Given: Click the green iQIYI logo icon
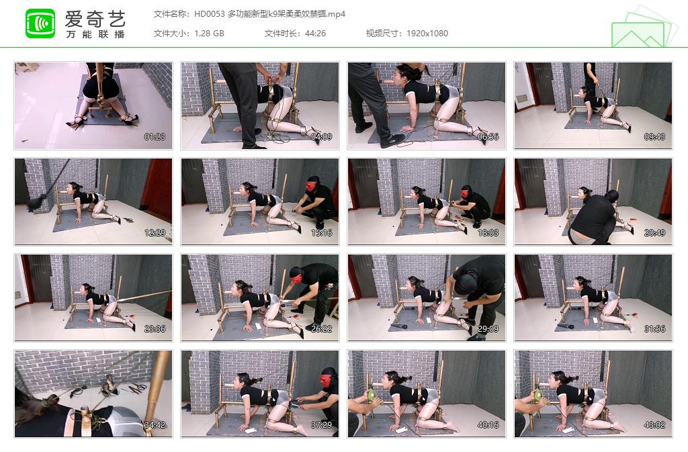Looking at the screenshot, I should [x=40, y=24].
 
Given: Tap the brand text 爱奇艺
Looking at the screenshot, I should [x=95, y=17].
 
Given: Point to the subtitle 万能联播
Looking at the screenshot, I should [x=95, y=34].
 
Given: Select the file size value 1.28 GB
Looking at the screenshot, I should [x=209, y=34].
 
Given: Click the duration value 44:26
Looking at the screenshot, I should [x=314, y=34].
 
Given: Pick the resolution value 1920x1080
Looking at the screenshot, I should [x=426, y=34].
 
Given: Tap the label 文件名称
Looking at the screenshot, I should [x=171, y=13].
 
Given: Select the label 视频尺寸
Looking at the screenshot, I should [x=384, y=34].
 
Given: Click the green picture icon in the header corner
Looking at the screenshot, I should [x=644, y=28].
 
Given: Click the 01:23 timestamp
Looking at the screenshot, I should [x=155, y=137].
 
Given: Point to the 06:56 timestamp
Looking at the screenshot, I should [x=488, y=137].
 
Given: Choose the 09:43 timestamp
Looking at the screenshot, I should [x=654, y=137].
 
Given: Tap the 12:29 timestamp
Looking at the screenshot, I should [x=155, y=232].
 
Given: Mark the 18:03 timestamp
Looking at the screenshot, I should [x=488, y=232].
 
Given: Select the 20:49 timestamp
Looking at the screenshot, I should [x=654, y=232].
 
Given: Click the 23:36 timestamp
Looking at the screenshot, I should [x=155, y=328].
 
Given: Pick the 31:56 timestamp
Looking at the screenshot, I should [x=654, y=328].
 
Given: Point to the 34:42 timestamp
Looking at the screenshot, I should [x=155, y=424].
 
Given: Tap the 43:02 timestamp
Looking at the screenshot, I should [x=654, y=424].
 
